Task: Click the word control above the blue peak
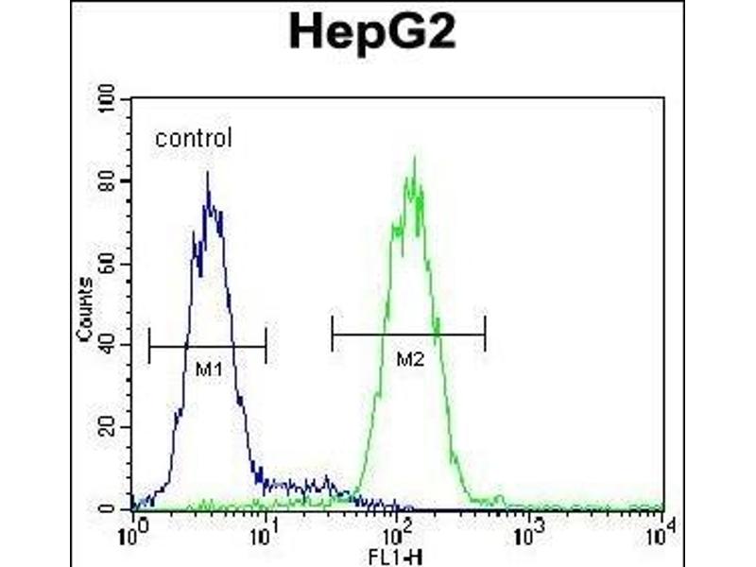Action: (x=193, y=139)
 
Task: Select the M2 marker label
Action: (x=408, y=358)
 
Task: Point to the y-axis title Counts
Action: (x=85, y=310)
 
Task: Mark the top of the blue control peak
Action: (x=207, y=173)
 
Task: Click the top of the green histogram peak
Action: (x=413, y=158)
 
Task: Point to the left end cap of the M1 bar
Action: (x=149, y=347)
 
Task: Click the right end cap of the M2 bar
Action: (x=485, y=334)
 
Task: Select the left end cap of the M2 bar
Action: (x=333, y=334)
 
